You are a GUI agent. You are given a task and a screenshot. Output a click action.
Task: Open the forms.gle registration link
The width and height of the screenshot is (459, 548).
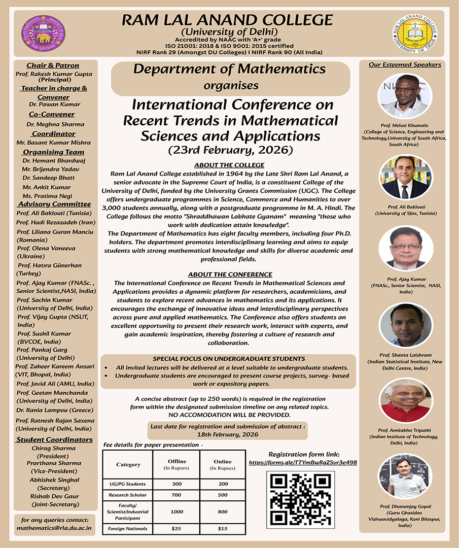click(303, 463)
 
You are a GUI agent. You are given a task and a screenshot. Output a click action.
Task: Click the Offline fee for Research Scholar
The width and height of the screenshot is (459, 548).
click(177, 495)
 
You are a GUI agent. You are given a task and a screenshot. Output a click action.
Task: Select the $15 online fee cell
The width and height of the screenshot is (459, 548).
click(222, 529)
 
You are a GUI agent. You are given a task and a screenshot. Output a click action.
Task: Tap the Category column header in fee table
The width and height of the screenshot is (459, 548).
click(128, 464)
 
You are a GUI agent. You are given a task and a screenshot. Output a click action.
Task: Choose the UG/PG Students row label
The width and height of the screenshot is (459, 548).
click(128, 484)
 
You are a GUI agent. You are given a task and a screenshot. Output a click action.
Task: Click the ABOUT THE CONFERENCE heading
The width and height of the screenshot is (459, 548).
click(230, 275)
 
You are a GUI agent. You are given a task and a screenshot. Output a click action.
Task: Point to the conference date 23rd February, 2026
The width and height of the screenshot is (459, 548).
click(230, 150)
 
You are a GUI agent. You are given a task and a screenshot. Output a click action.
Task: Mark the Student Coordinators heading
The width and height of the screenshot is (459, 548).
click(55, 439)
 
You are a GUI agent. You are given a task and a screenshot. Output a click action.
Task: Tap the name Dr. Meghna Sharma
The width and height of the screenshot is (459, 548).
click(55, 124)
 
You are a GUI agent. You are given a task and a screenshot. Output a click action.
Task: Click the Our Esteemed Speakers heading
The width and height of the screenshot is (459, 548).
click(405, 64)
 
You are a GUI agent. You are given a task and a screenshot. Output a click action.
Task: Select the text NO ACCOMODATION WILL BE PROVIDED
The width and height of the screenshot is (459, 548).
click(230, 415)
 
